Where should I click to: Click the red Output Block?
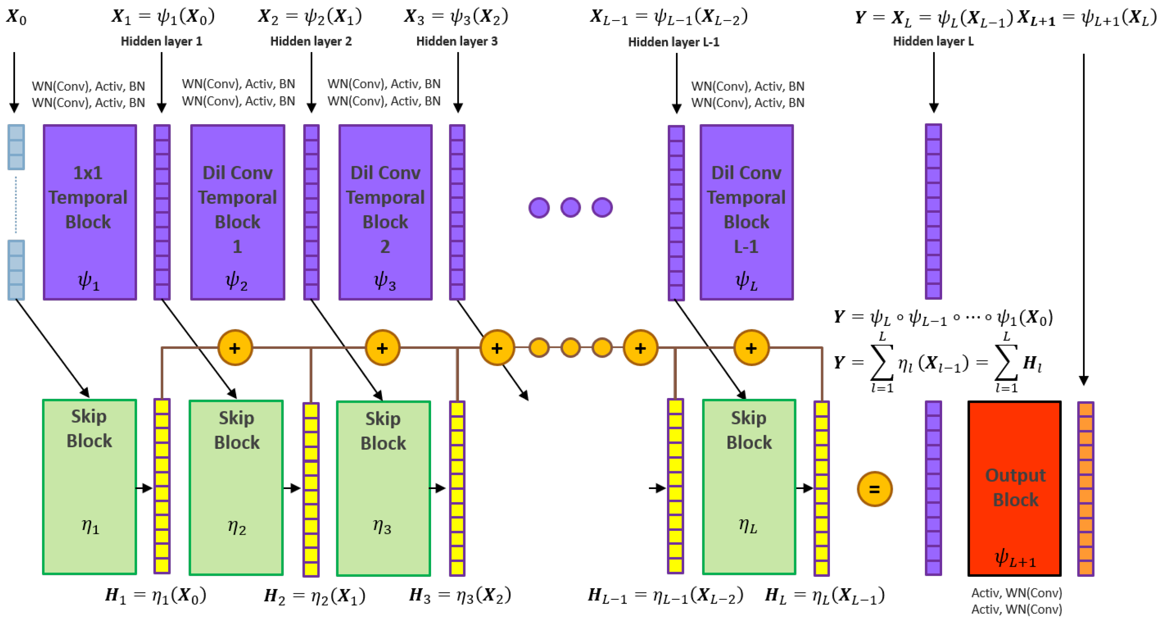(x=1015, y=488)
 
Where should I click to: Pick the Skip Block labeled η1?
(x=89, y=487)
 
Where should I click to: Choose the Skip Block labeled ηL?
(x=748, y=487)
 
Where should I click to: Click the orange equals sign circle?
(x=874, y=489)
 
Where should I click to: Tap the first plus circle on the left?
(x=235, y=348)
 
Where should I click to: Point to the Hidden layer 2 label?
(x=311, y=41)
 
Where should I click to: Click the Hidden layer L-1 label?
(x=674, y=42)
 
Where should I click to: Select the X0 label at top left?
(x=16, y=17)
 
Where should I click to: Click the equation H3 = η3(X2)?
(x=459, y=595)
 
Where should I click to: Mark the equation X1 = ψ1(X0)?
(x=163, y=17)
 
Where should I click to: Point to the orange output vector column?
(x=1085, y=488)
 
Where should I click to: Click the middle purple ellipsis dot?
(x=570, y=207)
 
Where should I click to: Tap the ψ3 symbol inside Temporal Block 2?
(x=385, y=281)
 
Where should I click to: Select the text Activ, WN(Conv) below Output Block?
(x=1016, y=601)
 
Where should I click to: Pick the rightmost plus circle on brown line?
(x=751, y=348)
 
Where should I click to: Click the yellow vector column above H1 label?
(x=162, y=485)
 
